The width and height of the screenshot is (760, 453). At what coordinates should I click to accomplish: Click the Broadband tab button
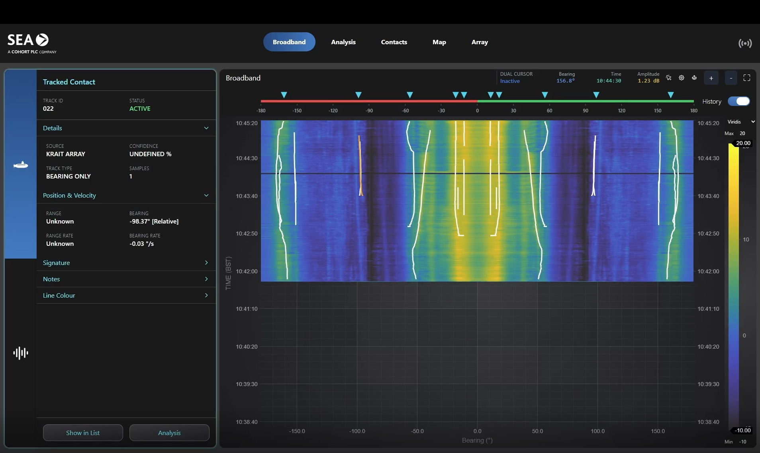pyautogui.click(x=289, y=42)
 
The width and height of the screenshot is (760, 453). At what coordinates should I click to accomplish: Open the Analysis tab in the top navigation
pyautogui.click(x=343, y=42)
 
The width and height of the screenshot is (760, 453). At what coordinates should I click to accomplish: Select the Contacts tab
pyautogui.click(x=394, y=42)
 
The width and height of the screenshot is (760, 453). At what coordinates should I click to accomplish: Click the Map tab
pyautogui.click(x=439, y=42)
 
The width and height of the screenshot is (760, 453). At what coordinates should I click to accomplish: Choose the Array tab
pyautogui.click(x=479, y=42)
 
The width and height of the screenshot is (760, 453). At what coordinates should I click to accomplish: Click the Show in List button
pyautogui.click(x=83, y=433)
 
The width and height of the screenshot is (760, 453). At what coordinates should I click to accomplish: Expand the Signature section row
pyautogui.click(x=126, y=263)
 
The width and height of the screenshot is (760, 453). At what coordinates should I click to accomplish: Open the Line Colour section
pyautogui.click(x=126, y=295)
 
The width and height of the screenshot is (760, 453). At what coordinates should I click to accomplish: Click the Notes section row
pyautogui.click(x=126, y=279)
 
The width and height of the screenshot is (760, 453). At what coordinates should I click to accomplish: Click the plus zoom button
pyautogui.click(x=711, y=78)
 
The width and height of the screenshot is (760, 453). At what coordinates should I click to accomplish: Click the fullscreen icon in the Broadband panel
pyautogui.click(x=746, y=78)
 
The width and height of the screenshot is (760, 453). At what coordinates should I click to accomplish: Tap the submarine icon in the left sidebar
pyautogui.click(x=20, y=165)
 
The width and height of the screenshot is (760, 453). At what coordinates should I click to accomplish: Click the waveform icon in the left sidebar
pyautogui.click(x=20, y=353)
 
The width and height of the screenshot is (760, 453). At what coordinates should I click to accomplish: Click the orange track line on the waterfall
pyautogui.click(x=360, y=167)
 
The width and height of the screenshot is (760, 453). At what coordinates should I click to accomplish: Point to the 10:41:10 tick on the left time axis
pyautogui.click(x=247, y=309)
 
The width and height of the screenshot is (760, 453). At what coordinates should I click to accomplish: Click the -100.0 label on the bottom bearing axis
pyautogui.click(x=357, y=431)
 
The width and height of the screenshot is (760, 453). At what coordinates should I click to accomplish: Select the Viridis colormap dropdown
pyautogui.click(x=740, y=122)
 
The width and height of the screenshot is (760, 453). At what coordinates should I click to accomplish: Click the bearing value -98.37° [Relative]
pyautogui.click(x=154, y=222)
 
